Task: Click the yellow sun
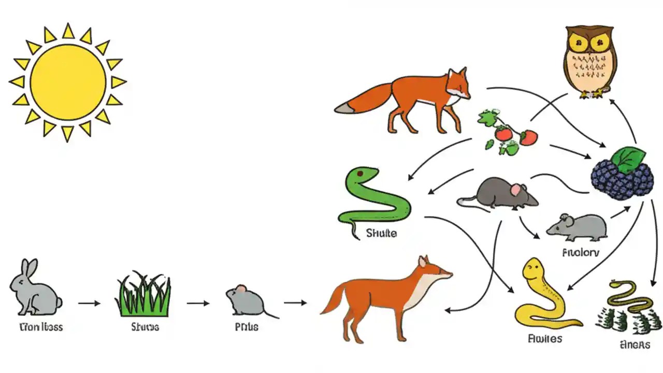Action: pyautogui.click(x=68, y=81)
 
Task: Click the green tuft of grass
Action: pyautogui.click(x=144, y=296)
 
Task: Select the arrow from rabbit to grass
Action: pyautogui.click(x=90, y=303)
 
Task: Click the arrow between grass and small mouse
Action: pyautogui.click(x=198, y=303)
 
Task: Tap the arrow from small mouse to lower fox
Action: pyautogui.click(x=295, y=302)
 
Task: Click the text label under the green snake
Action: pyautogui.click(x=381, y=234)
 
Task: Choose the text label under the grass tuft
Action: pyautogui.click(x=145, y=327)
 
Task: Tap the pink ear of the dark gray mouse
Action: pyautogui.click(x=516, y=191)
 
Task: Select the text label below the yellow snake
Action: pyautogui.click(x=545, y=339)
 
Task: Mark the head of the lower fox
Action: pyautogui.click(x=433, y=270)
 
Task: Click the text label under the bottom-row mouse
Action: pyautogui.click(x=247, y=327)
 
